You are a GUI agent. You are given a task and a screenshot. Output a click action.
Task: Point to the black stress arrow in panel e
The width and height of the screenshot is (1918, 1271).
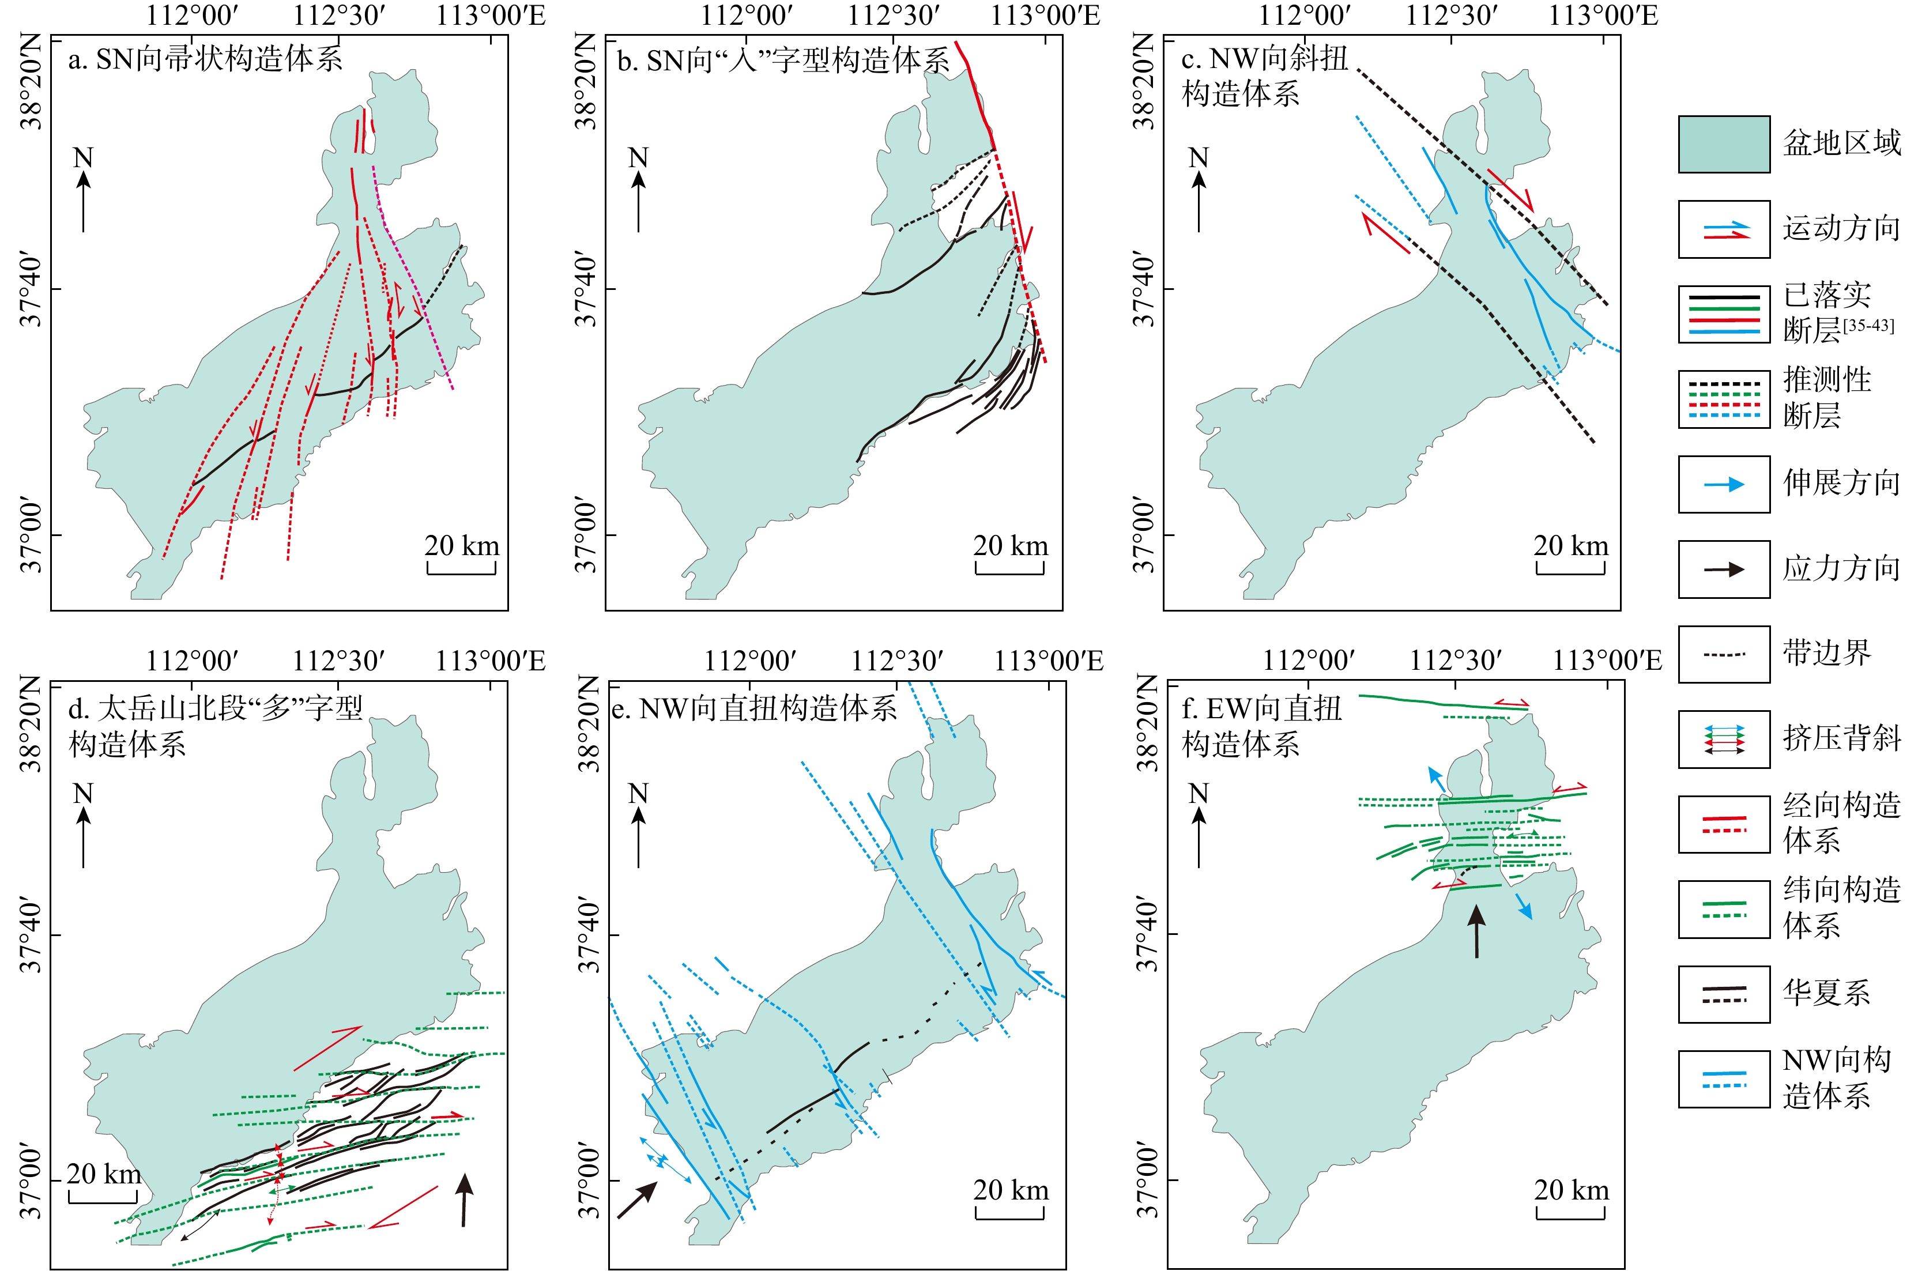pyautogui.click(x=637, y=1200)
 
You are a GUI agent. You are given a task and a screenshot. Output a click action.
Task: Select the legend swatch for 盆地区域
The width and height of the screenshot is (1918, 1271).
pyautogui.click(x=1724, y=144)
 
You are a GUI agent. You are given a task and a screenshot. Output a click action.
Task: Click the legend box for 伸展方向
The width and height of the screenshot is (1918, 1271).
pyautogui.click(x=1724, y=485)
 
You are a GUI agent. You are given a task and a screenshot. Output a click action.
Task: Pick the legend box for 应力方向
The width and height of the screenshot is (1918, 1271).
pyautogui.click(x=1724, y=570)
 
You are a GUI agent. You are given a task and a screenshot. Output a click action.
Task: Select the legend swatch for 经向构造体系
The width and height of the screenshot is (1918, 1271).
pyautogui.click(x=1724, y=824)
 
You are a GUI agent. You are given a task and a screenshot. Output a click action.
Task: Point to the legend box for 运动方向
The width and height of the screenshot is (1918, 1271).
pyautogui.click(x=1724, y=229)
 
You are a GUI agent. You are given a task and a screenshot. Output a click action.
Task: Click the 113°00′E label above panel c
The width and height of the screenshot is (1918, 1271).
pyautogui.click(x=1603, y=16)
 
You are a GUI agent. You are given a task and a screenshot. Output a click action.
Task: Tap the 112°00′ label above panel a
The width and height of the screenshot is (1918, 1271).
pyautogui.click(x=192, y=16)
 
